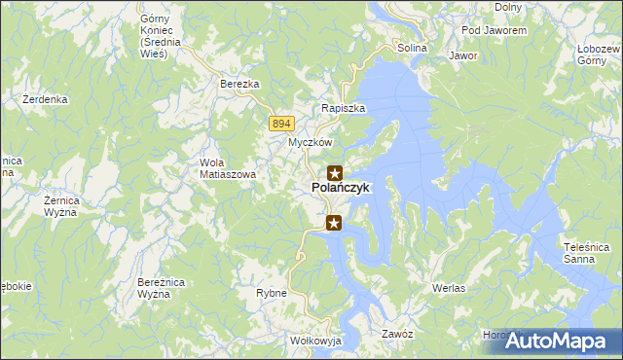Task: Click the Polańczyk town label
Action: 340,188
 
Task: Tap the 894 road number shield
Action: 281,123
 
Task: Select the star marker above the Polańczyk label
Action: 335,172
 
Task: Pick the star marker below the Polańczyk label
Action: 335,224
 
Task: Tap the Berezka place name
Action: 239,85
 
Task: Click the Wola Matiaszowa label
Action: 227,168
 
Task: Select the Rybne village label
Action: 271,293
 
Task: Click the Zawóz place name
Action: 398,334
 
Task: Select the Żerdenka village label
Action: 45,99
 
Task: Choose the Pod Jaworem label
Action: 494,31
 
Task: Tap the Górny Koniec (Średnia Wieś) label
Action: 155,36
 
